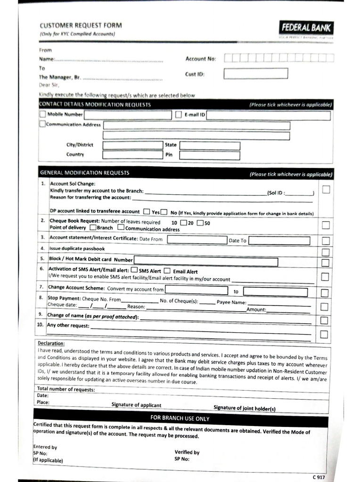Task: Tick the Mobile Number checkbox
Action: [x=43, y=114]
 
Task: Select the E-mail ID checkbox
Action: [x=179, y=114]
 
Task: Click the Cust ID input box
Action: [x=255, y=73]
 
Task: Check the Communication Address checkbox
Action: [x=42, y=124]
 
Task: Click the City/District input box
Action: [x=132, y=145]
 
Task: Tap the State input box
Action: [x=209, y=145]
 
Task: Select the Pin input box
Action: [x=209, y=155]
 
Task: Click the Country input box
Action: [x=132, y=154]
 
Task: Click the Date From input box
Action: [x=197, y=240]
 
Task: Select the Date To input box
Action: [x=279, y=241]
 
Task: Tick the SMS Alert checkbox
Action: [x=134, y=270]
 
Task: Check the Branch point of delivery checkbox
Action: [x=93, y=227]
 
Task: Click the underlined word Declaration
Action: [x=51, y=343]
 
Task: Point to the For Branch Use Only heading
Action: [x=180, y=418]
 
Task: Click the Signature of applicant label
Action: [x=136, y=405]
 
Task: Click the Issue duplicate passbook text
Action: [x=77, y=249]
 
